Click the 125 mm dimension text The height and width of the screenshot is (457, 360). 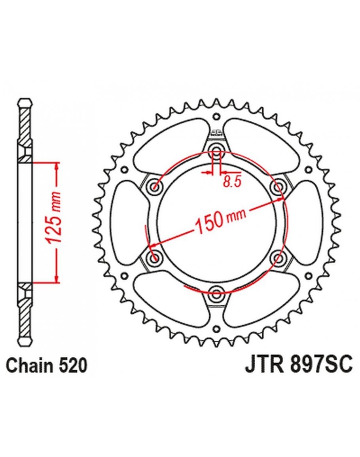(x=55, y=217)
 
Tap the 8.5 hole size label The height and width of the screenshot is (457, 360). (x=232, y=182)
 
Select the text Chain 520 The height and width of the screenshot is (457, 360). (x=47, y=366)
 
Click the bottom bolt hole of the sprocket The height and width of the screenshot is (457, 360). (x=216, y=294)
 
